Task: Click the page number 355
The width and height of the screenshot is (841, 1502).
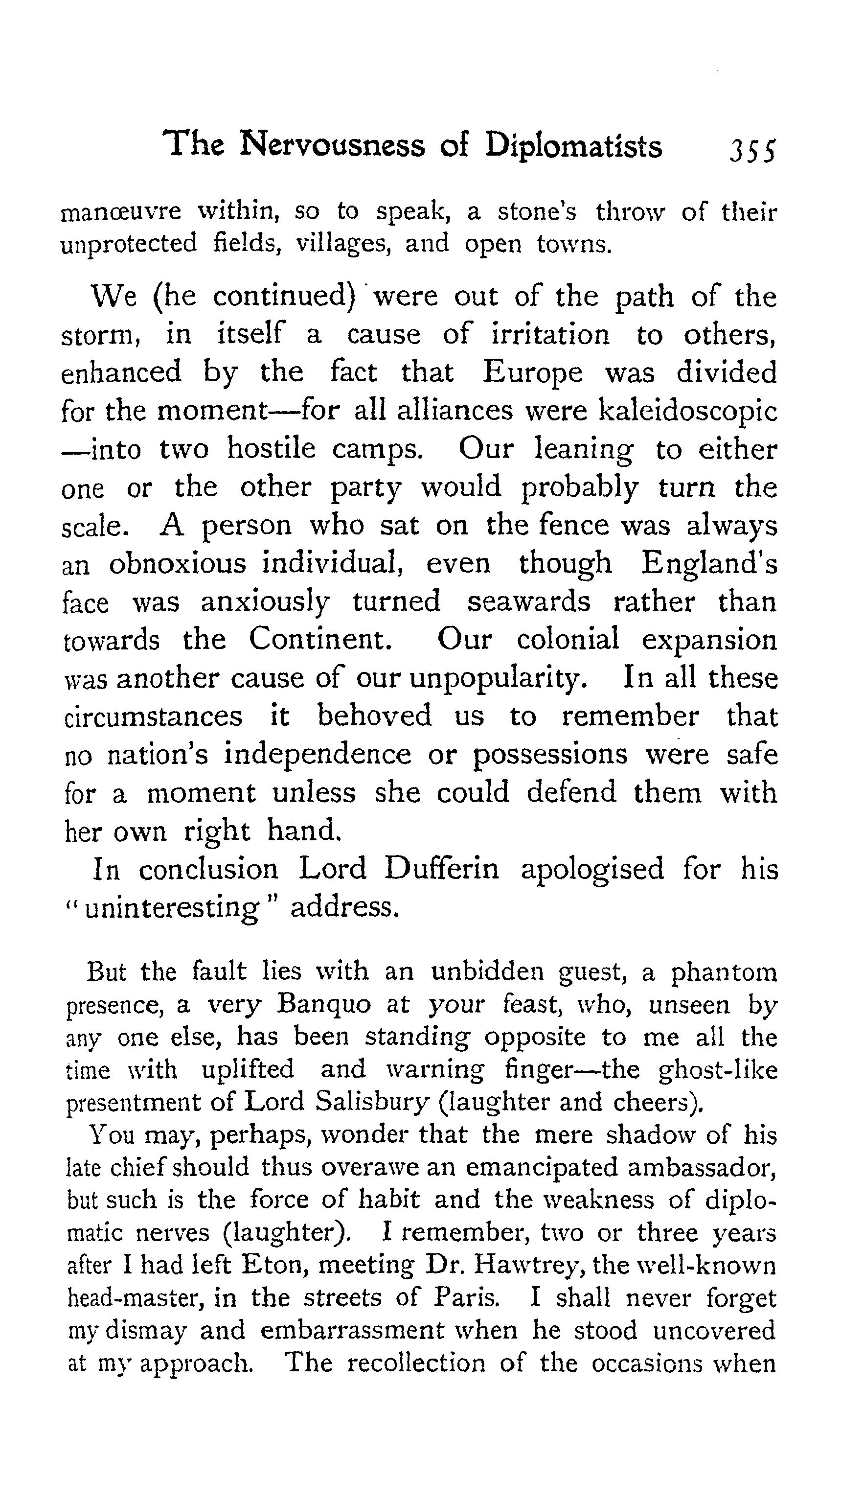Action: pyautogui.click(x=752, y=150)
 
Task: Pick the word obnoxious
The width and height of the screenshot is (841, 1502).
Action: pyautogui.click(x=177, y=564)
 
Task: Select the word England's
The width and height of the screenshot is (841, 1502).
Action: pyautogui.click(x=709, y=564)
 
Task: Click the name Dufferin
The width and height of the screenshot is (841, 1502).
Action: pyautogui.click(x=442, y=869)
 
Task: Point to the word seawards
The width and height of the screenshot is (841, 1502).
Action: pyautogui.click(x=528, y=602)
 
